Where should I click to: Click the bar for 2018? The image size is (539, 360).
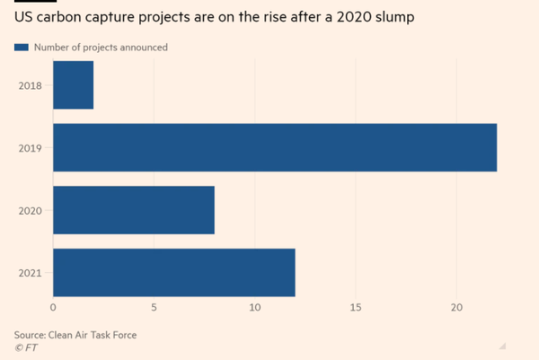[73, 85]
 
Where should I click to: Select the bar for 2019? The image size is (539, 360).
[274, 147]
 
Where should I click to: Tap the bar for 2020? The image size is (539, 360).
[133, 210]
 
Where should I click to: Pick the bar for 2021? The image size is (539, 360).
[173, 273]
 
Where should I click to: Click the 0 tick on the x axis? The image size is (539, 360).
[53, 308]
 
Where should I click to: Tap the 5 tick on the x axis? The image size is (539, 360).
[155, 308]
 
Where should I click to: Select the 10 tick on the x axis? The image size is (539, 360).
[255, 308]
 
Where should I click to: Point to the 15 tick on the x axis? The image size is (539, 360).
[356, 308]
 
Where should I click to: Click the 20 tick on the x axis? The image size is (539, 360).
[456, 308]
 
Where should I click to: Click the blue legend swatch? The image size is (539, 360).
[22, 47]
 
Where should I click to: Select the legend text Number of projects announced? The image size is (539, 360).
[101, 47]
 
